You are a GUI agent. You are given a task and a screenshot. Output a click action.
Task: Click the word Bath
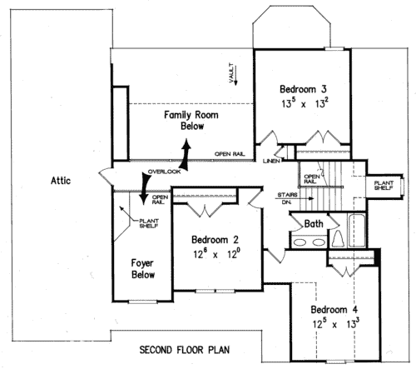314,223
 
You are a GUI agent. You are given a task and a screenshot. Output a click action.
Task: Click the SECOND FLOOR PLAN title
184,349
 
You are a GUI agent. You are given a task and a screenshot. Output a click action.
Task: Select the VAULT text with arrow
232,73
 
